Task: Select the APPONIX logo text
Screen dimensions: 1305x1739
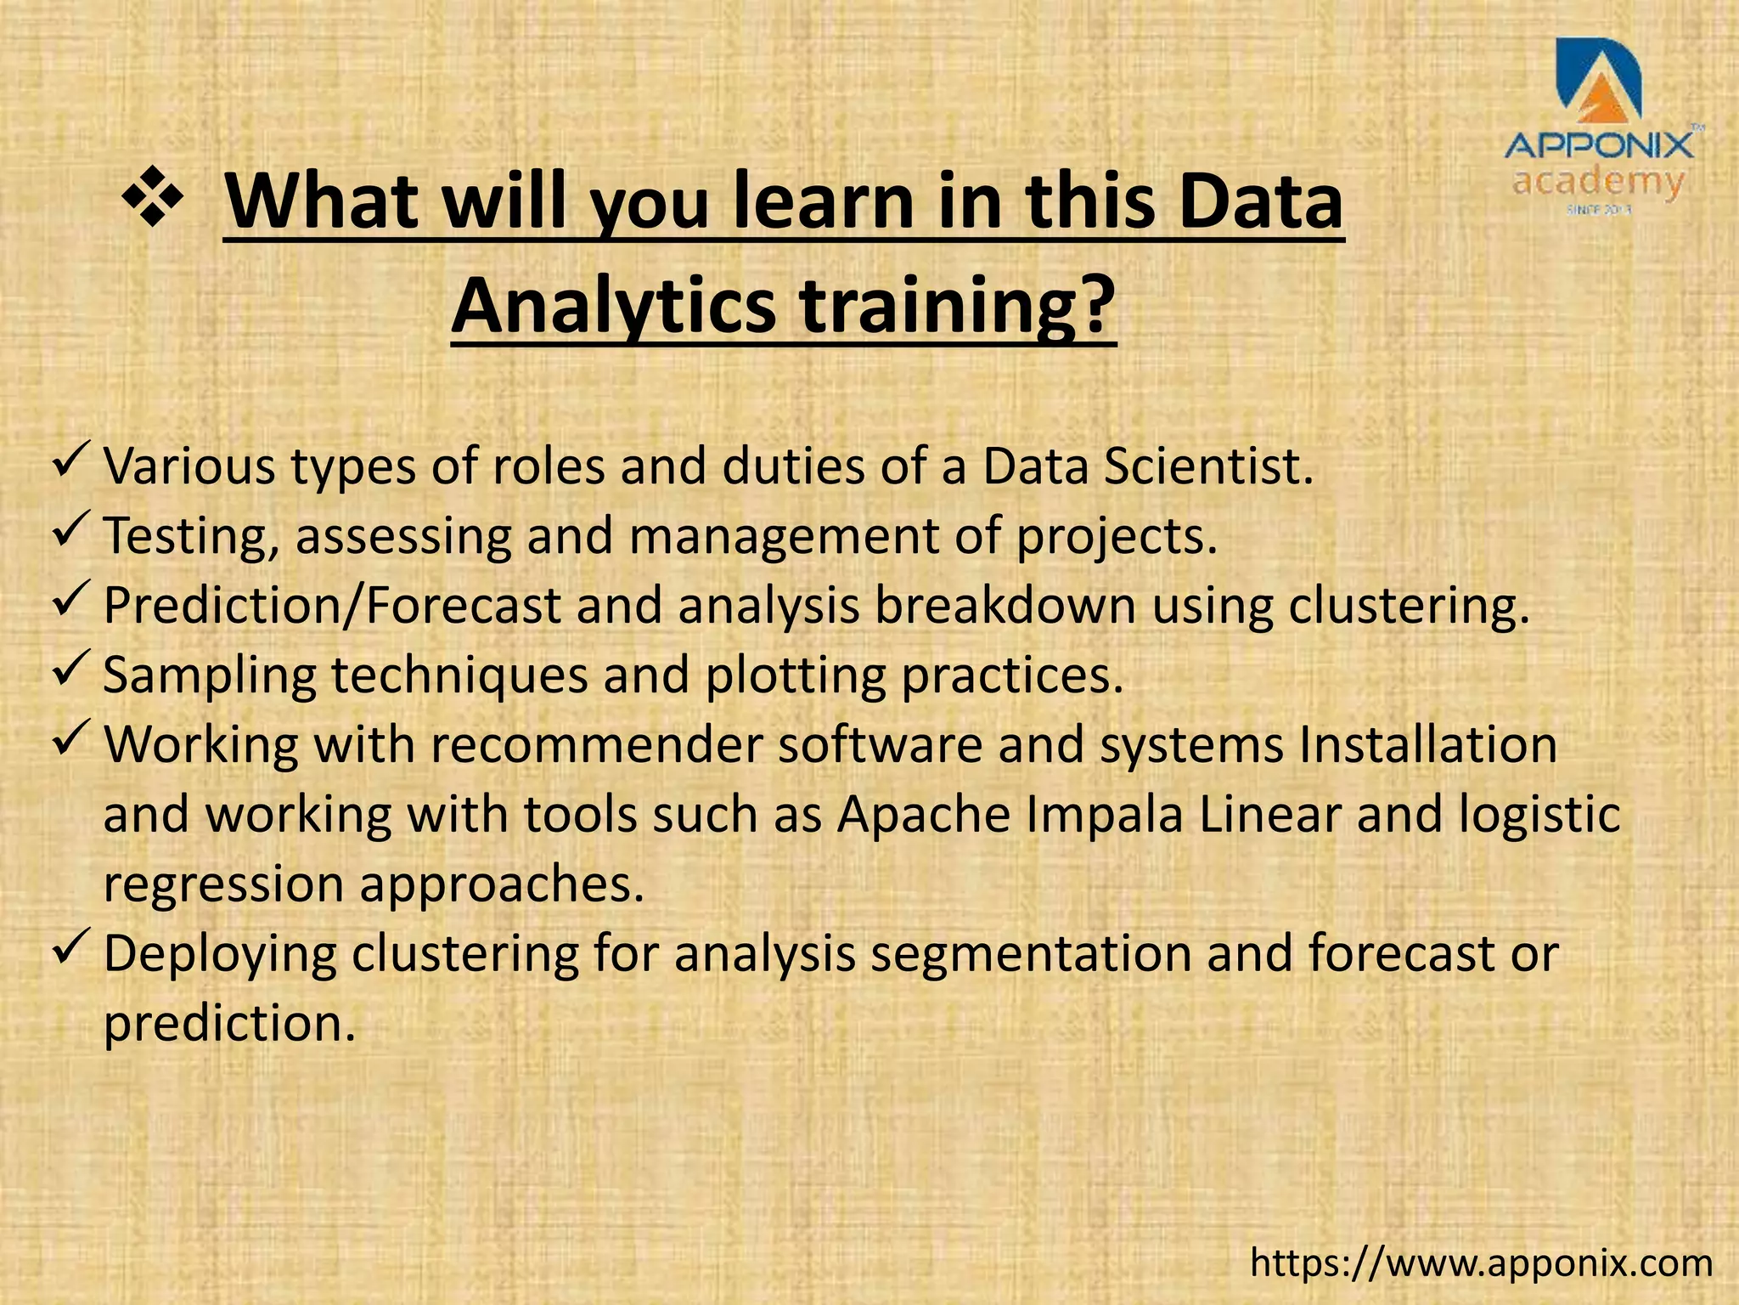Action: (1599, 147)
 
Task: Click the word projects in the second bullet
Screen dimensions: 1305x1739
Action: (1117, 538)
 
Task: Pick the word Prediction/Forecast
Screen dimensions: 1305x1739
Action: (332, 607)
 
